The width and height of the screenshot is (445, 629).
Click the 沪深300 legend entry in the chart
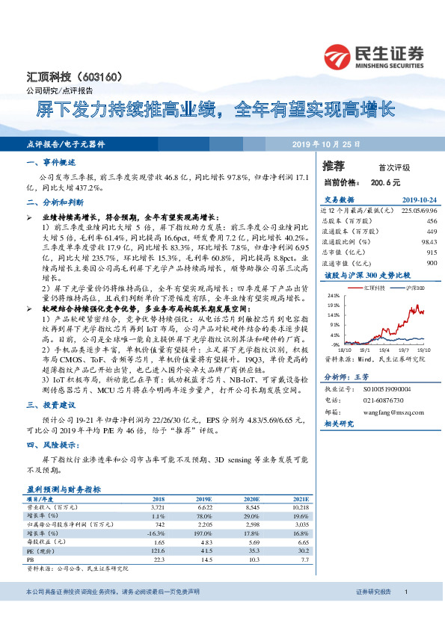coord(414,287)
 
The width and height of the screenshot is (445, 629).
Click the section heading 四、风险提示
coord(49,444)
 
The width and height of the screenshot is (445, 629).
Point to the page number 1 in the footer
coord(405,613)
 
